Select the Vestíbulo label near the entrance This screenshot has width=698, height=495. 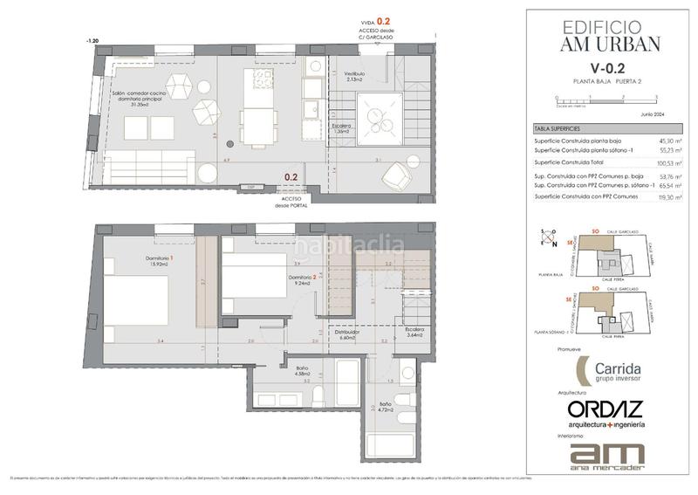coord(353,76)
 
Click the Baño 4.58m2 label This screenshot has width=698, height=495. coord(303,373)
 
